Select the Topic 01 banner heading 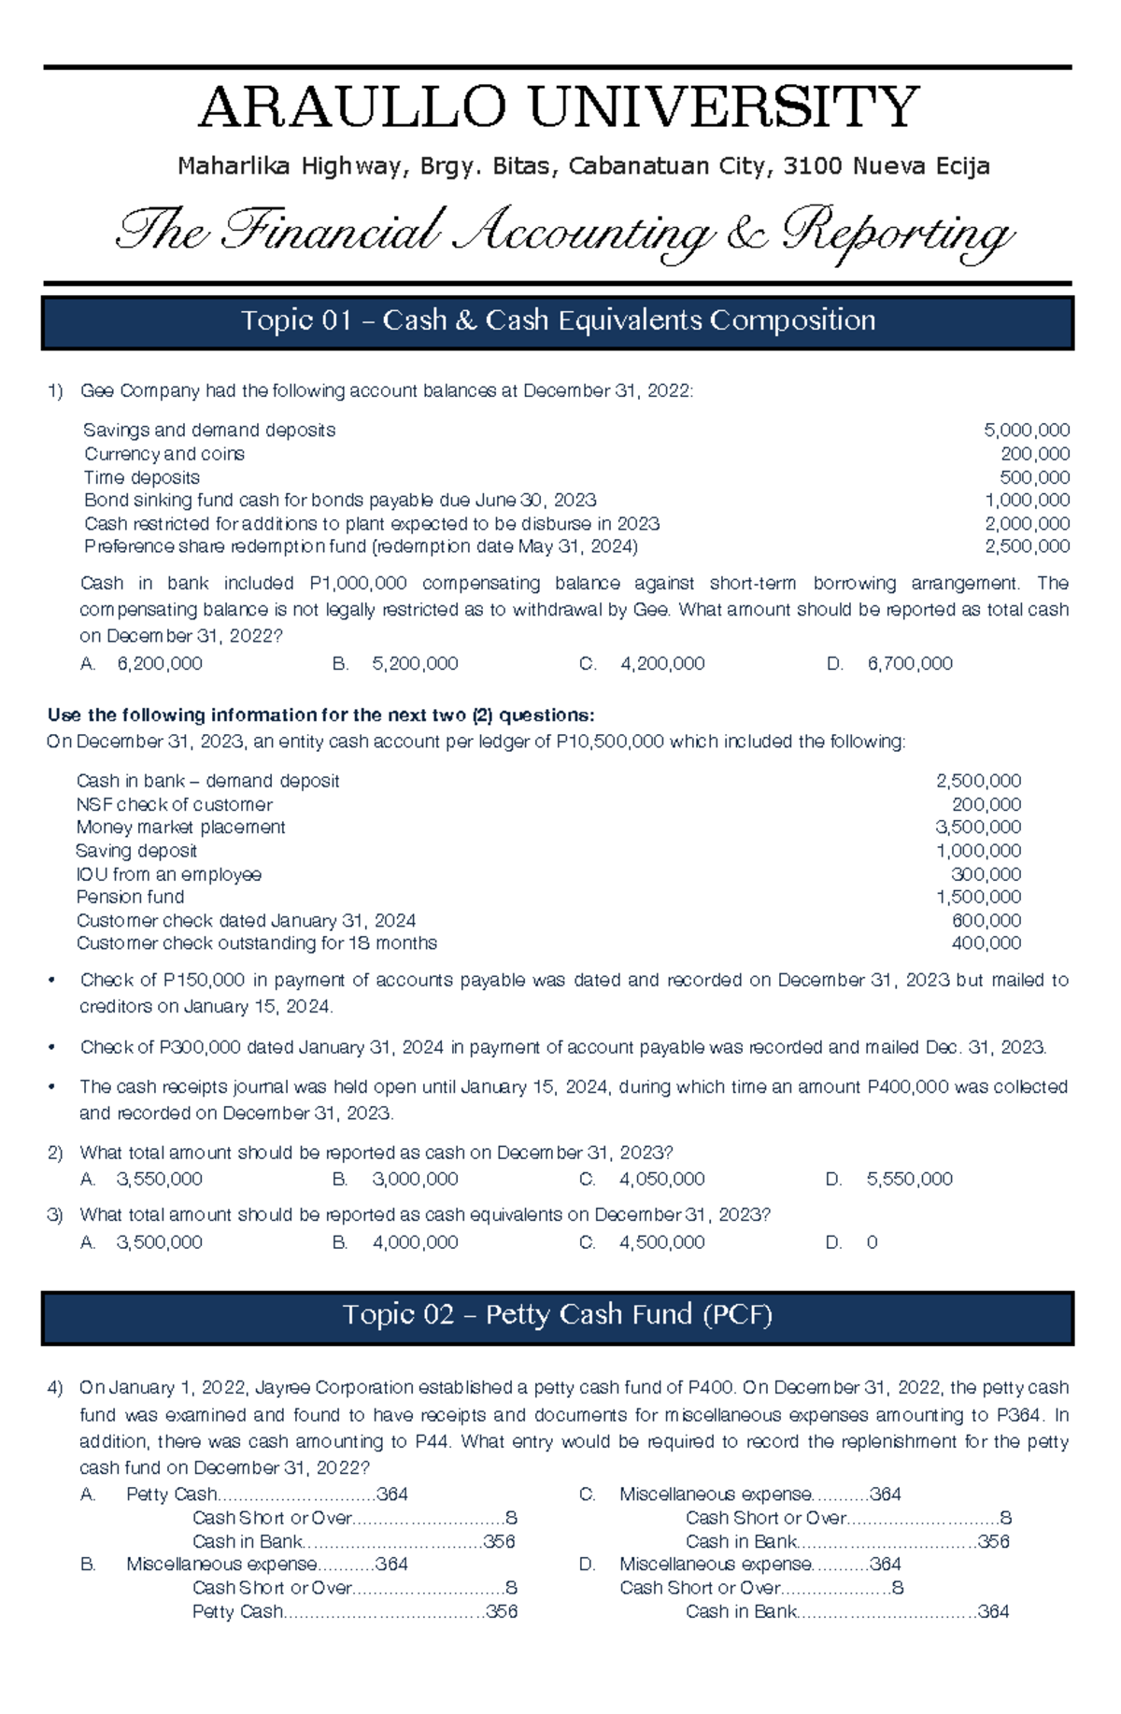(x=558, y=320)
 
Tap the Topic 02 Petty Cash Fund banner (x=558, y=1315)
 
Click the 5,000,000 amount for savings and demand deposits (x=1026, y=431)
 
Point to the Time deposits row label (x=141, y=477)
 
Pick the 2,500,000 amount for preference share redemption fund (x=1026, y=546)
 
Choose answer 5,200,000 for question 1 (x=414, y=664)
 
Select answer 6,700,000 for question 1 (x=909, y=664)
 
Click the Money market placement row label (x=180, y=828)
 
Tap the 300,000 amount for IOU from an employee (x=986, y=874)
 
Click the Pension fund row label (x=130, y=897)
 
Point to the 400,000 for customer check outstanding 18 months (x=986, y=943)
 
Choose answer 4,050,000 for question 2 (x=661, y=1180)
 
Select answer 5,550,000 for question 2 (x=909, y=1180)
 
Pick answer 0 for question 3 (x=872, y=1243)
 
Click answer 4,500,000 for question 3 (x=661, y=1243)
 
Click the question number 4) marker (x=55, y=1388)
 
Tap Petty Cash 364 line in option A (x=267, y=1494)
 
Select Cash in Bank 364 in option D (x=846, y=1611)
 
